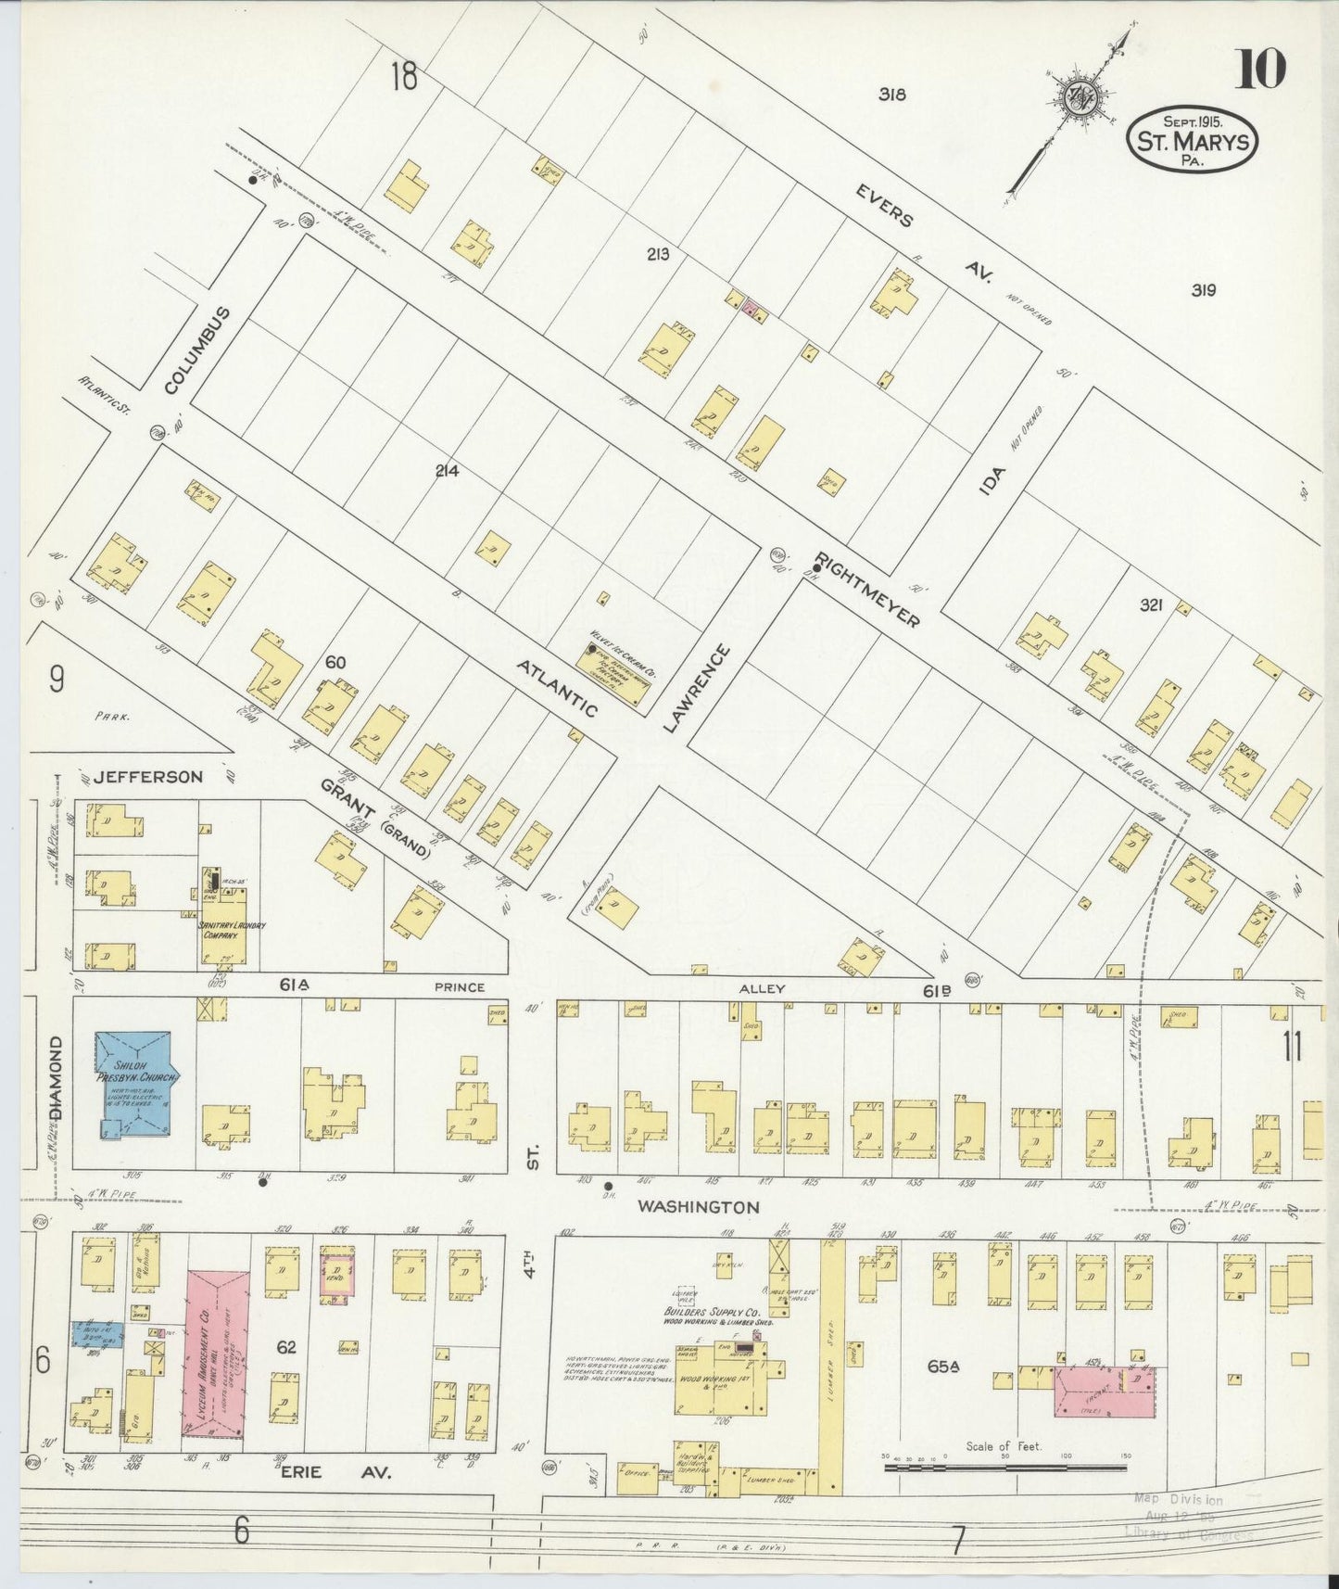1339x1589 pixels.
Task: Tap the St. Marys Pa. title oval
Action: point(1193,139)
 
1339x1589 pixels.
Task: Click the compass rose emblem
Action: point(1078,99)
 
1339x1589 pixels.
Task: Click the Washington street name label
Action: point(699,1206)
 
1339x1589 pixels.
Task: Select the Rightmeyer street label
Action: point(867,591)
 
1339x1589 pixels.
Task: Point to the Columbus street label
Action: point(195,351)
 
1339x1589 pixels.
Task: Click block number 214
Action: point(447,471)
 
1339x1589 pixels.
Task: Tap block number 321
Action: point(1151,604)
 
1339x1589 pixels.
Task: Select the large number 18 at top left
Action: point(404,78)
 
